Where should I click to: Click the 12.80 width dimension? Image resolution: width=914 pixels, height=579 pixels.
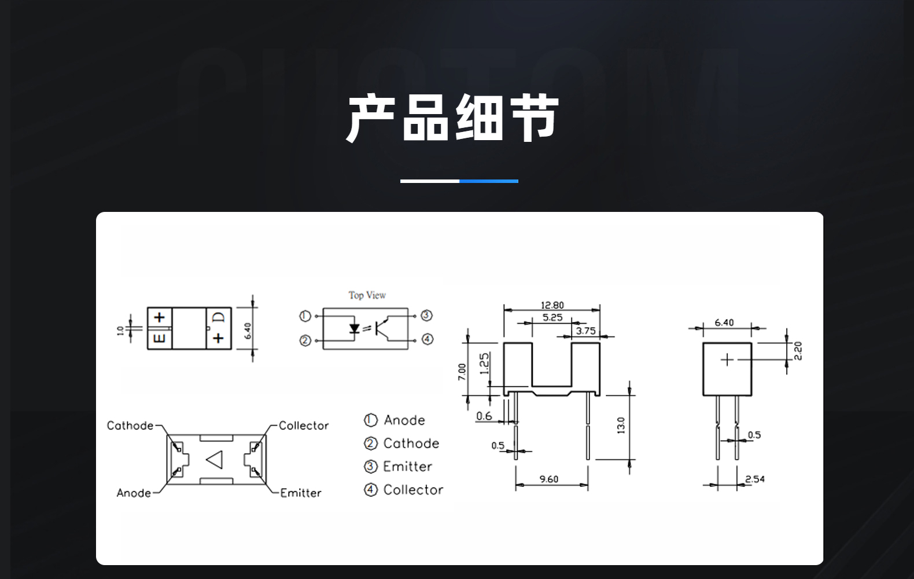click(x=552, y=305)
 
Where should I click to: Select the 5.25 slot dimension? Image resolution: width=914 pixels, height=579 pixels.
click(x=552, y=317)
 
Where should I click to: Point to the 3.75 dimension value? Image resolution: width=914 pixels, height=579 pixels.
click(x=585, y=331)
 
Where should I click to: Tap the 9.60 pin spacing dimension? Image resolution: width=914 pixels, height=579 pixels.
click(x=549, y=479)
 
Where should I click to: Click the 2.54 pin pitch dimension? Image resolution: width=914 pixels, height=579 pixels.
click(x=755, y=479)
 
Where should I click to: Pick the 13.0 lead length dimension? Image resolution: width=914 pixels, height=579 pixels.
click(x=621, y=425)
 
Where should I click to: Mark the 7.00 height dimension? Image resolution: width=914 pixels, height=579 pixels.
click(x=462, y=372)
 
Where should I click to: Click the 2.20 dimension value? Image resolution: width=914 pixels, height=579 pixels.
click(x=798, y=351)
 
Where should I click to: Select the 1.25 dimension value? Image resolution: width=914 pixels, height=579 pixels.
click(x=484, y=364)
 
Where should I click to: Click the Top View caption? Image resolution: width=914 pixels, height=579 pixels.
click(x=367, y=295)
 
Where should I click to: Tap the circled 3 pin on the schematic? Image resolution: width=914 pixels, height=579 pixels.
click(x=426, y=315)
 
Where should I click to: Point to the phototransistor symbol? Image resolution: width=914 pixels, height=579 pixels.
click(x=381, y=328)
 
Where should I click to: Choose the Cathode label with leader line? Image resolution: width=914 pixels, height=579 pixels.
click(x=130, y=426)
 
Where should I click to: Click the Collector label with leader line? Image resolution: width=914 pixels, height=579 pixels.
click(x=304, y=426)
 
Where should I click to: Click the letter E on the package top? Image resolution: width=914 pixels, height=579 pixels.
click(x=159, y=338)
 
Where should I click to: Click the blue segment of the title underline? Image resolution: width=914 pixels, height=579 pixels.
click(x=489, y=181)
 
